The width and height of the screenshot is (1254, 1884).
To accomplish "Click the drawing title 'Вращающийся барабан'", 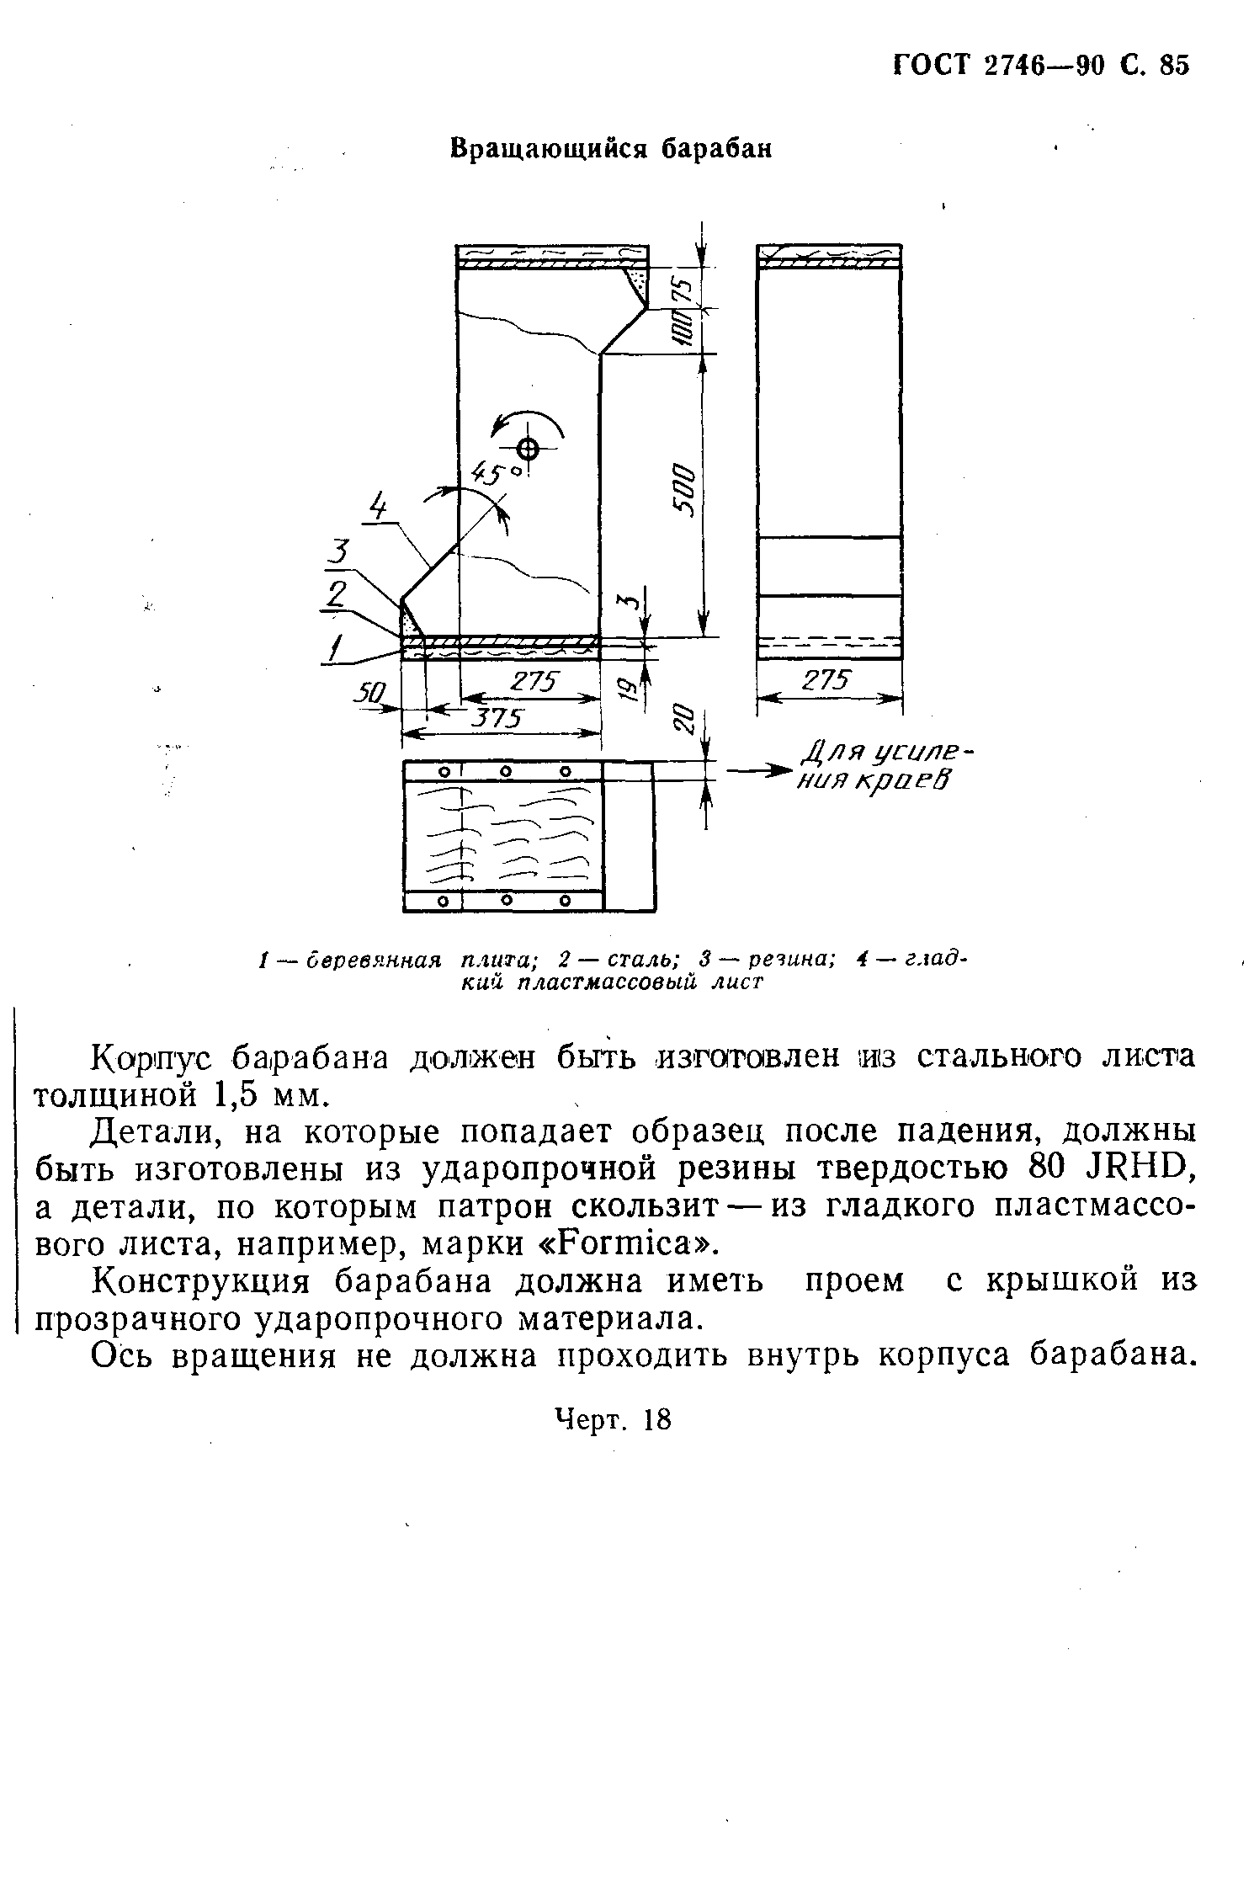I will click(x=611, y=149).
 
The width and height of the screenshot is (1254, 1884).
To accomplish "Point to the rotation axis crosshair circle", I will click(x=528, y=448).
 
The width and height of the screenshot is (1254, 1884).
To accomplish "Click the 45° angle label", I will click(x=497, y=474).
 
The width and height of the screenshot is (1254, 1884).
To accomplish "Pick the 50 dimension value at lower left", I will click(x=368, y=693).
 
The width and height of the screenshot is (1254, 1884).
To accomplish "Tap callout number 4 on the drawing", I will click(x=380, y=508).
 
